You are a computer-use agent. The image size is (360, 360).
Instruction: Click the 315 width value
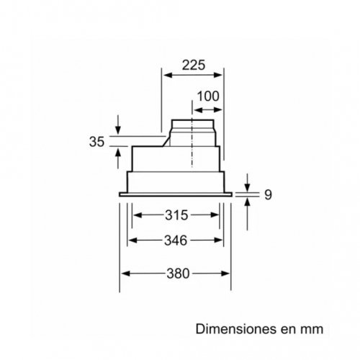pos(174,215)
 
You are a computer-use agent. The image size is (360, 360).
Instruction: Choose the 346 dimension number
pos(174,240)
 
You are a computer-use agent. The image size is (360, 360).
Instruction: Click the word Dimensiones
pos(229,328)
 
